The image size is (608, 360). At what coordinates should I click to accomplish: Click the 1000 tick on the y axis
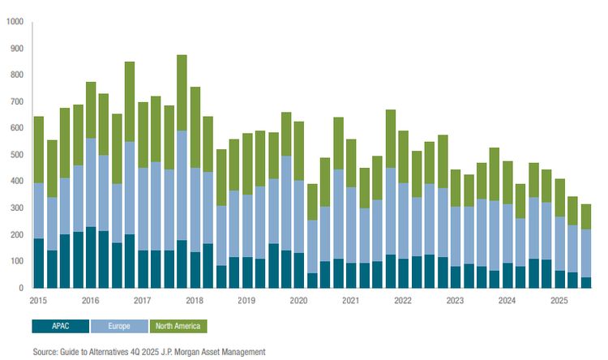(15, 22)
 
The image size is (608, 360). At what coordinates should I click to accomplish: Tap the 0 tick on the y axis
(20, 288)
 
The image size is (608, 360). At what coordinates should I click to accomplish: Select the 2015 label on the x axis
(38, 300)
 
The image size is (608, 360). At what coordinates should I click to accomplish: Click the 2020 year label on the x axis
(299, 300)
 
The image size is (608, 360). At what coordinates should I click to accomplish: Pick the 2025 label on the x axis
(559, 300)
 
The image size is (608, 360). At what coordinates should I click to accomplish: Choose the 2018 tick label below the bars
(195, 300)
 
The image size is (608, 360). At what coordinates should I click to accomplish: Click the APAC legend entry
(60, 326)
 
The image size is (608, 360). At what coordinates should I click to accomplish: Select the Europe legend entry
(119, 326)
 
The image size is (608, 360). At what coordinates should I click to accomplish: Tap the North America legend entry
(178, 326)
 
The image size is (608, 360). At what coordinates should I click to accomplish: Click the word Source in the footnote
(45, 352)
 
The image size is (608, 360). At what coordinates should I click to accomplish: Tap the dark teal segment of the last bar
(586, 282)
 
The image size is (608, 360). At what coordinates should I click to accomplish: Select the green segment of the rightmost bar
(586, 216)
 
